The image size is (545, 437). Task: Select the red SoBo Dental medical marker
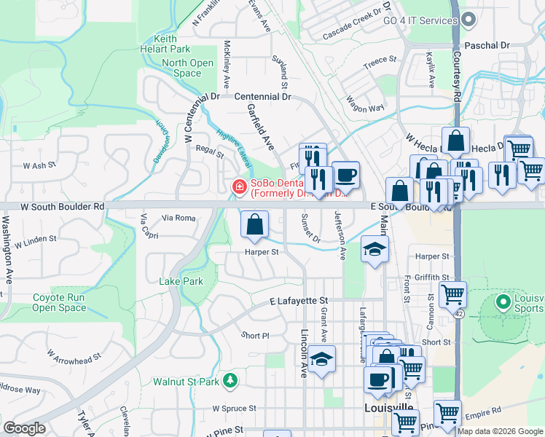pyautogui.click(x=238, y=188)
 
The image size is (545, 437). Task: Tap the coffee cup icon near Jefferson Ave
pyautogui.click(x=346, y=175)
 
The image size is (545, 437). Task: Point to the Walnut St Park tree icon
pyautogui.click(x=230, y=381)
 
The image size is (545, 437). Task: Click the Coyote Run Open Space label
pyautogui.click(x=59, y=302)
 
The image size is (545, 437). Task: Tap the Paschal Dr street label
pyautogui.click(x=486, y=45)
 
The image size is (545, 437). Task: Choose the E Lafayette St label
pyautogui.click(x=299, y=300)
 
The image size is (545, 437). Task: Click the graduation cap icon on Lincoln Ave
pyautogui.click(x=321, y=360)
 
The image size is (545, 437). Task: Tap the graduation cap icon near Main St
pyautogui.click(x=375, y=251)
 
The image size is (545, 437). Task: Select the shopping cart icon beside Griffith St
pyautogui.click(x=452, y=294)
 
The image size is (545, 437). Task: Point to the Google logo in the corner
pyautogui.click(x=24, y=428)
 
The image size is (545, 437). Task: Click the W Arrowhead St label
pyautogui.click(x=74, y=357)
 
